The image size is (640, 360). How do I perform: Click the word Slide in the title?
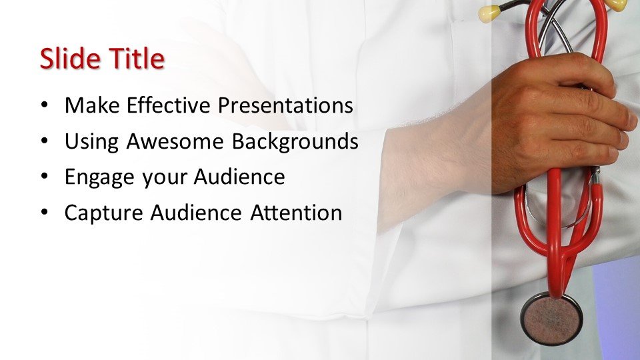[70, 58]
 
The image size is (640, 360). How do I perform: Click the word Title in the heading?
[136, 58]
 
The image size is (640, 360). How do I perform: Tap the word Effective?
[169, 105]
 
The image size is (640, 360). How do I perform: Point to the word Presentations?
[285, 105]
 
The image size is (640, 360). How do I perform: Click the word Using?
[92, 142]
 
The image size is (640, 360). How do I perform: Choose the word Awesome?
[175, 141]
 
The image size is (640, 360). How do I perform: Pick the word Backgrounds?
[295, 142]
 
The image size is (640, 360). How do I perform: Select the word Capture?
[104, 213]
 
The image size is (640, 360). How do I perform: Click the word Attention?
[296, 213]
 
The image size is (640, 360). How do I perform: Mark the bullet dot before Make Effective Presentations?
[45, 105]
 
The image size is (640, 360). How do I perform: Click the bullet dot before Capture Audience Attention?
[45, 213]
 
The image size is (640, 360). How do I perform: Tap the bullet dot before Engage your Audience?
[45, 177]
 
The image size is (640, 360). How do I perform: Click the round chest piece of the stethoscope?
[551, 319]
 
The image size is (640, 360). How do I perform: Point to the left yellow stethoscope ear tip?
[489, 13]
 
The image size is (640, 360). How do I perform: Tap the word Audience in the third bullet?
[239, 177]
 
